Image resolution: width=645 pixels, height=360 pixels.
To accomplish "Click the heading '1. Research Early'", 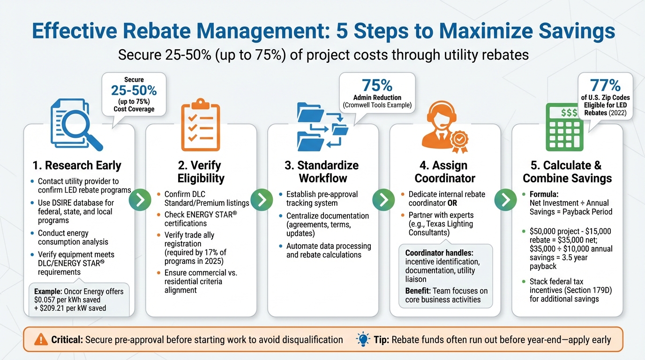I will pyautogui.click(x=77, y=165).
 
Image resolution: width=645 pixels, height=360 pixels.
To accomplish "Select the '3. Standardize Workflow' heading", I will pyautogui.click(x=322, y=172).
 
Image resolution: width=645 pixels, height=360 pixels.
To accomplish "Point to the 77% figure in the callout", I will pyautogui.click(x=605, y=86).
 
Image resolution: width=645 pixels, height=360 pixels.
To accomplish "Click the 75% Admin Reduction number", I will pyautogui.click(x=377, y=85).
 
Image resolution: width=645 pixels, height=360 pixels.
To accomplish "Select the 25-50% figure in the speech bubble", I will pyautogui.click(x=134, y=90).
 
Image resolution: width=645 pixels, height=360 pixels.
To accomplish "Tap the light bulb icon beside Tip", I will pyautogui.click(x=363, y=339).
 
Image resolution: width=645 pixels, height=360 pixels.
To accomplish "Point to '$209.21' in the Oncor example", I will pyautogui.click(x=60, y=308).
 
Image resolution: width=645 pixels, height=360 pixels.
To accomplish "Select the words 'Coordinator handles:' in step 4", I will pyautogui.click(x=435, y=253).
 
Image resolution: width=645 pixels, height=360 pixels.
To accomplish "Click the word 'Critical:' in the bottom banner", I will pyautogui.click(x=67, y=339).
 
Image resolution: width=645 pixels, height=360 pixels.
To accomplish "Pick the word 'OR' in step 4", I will pyautogui.click(x=452, y=203).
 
